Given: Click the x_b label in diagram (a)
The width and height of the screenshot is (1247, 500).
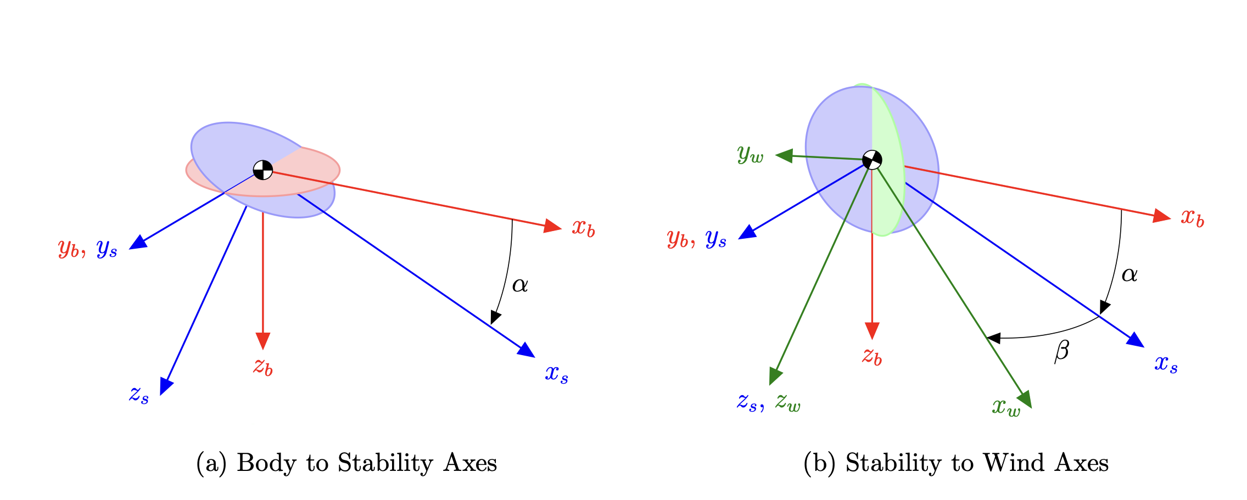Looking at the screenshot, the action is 583,228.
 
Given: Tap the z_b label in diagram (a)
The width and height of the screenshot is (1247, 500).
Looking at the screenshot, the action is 263,366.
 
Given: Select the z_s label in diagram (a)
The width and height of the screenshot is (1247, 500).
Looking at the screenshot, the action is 139,395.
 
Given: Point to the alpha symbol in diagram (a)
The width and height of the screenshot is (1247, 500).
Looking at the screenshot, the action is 520,285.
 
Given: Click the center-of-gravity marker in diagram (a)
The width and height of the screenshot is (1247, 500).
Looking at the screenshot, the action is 263,170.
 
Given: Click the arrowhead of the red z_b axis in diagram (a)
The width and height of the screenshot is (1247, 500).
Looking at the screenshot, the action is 263,341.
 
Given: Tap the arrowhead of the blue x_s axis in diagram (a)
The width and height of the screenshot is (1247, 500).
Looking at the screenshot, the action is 527,350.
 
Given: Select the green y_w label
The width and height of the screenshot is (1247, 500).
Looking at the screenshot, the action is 751,154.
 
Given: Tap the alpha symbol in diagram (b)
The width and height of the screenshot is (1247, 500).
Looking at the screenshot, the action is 1129,274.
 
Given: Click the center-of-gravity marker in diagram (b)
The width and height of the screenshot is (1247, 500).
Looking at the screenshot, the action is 872,160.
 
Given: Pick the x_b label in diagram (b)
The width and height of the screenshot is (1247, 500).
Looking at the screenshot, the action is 1193,218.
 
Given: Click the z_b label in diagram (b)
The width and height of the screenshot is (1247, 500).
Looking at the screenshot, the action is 872,356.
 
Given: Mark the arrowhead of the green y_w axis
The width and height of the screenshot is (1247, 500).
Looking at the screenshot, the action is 784,155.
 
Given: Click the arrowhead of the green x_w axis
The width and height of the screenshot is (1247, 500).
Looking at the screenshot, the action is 1026,400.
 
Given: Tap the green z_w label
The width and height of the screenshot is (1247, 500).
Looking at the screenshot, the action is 788,403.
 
